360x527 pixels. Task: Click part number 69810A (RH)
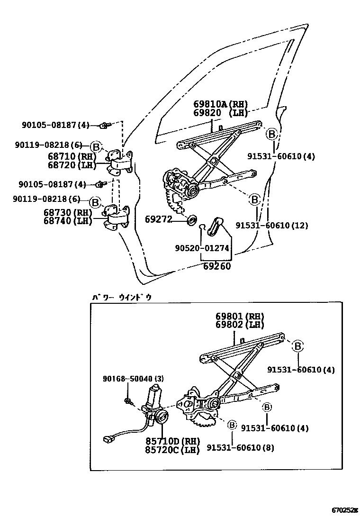[x=220, y=104]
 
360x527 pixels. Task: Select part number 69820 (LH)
[x=220, y=113]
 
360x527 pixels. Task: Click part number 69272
[x=160, y=219]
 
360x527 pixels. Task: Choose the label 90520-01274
[x=202, y=248]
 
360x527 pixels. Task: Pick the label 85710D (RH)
[x=173, y=440]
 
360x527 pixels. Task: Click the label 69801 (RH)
[x=240, y=316]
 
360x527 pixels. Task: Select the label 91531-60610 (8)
[x=240, y=447]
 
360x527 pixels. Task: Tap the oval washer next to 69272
[x=192, y=220]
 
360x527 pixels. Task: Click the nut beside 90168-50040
[x=128, y=402]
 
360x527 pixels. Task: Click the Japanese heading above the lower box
[x=122, y=297]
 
